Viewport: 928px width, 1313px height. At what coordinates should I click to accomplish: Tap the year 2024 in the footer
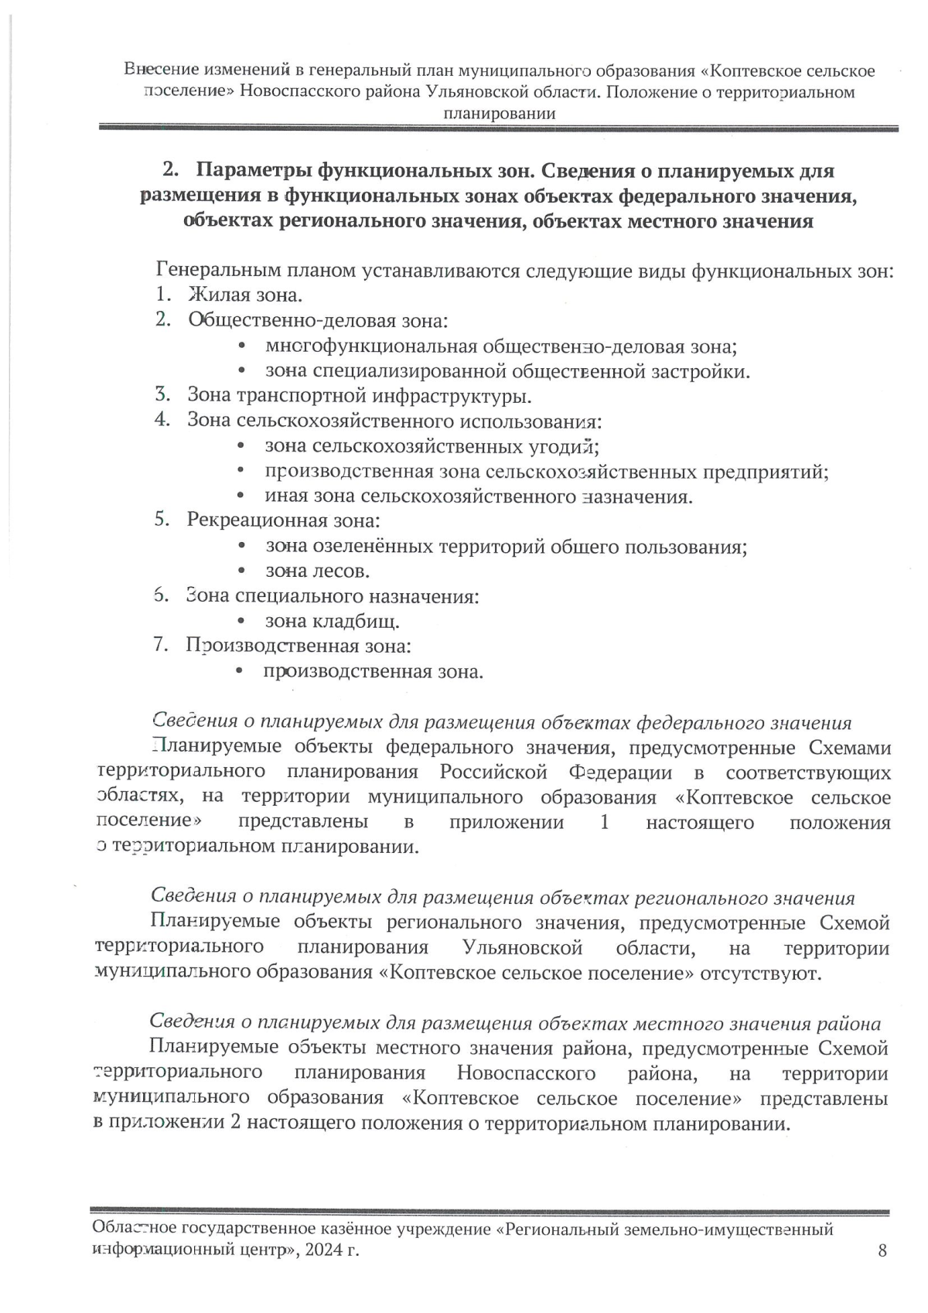click(x=325, y=1250)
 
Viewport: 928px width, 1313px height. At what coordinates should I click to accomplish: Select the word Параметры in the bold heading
click(x=253, y=170)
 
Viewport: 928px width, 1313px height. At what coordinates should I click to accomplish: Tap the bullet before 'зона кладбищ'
click(x=241, y=621)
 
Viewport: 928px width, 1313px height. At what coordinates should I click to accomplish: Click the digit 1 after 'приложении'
click(x=605, y=822)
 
